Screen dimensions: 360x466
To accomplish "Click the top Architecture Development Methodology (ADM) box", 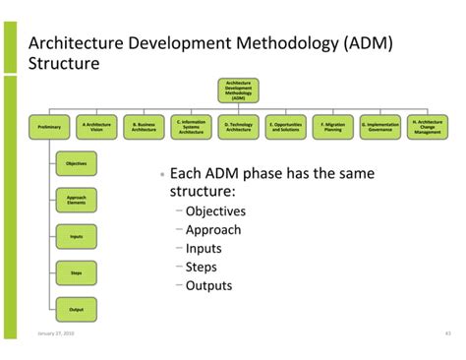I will click(x=239, y=90).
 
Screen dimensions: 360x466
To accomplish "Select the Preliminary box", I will click(x=49, y=126).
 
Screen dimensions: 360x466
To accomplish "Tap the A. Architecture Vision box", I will click(x=96, y=126).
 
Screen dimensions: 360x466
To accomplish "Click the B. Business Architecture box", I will click(x=144, y=126).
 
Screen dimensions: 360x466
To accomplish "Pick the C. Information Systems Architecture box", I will click(x=191, y=126).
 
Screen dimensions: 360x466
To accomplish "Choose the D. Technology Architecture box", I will click(x=239, y=126).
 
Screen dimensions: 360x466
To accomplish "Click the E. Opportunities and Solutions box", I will click(x=286, y=126).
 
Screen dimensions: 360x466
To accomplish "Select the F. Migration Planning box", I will click(x=333, y=126).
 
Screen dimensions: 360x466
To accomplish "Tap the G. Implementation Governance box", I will click(x=380, y=126).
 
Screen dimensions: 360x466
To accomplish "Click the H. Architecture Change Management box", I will click(x=428, y=126).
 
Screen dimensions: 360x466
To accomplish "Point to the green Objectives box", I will click(x=76, y=162).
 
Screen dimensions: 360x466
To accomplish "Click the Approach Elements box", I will click(x=76, y=200).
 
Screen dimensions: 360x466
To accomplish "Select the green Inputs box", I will click(x=76, y=236).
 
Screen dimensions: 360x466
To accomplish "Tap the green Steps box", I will click(x=76, y=272).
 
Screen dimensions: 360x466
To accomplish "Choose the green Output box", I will click(x=76, y=308).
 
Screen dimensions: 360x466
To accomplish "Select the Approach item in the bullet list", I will click(x=212, y=229).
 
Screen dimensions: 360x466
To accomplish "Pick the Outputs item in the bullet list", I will click(x=208, y=285).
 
